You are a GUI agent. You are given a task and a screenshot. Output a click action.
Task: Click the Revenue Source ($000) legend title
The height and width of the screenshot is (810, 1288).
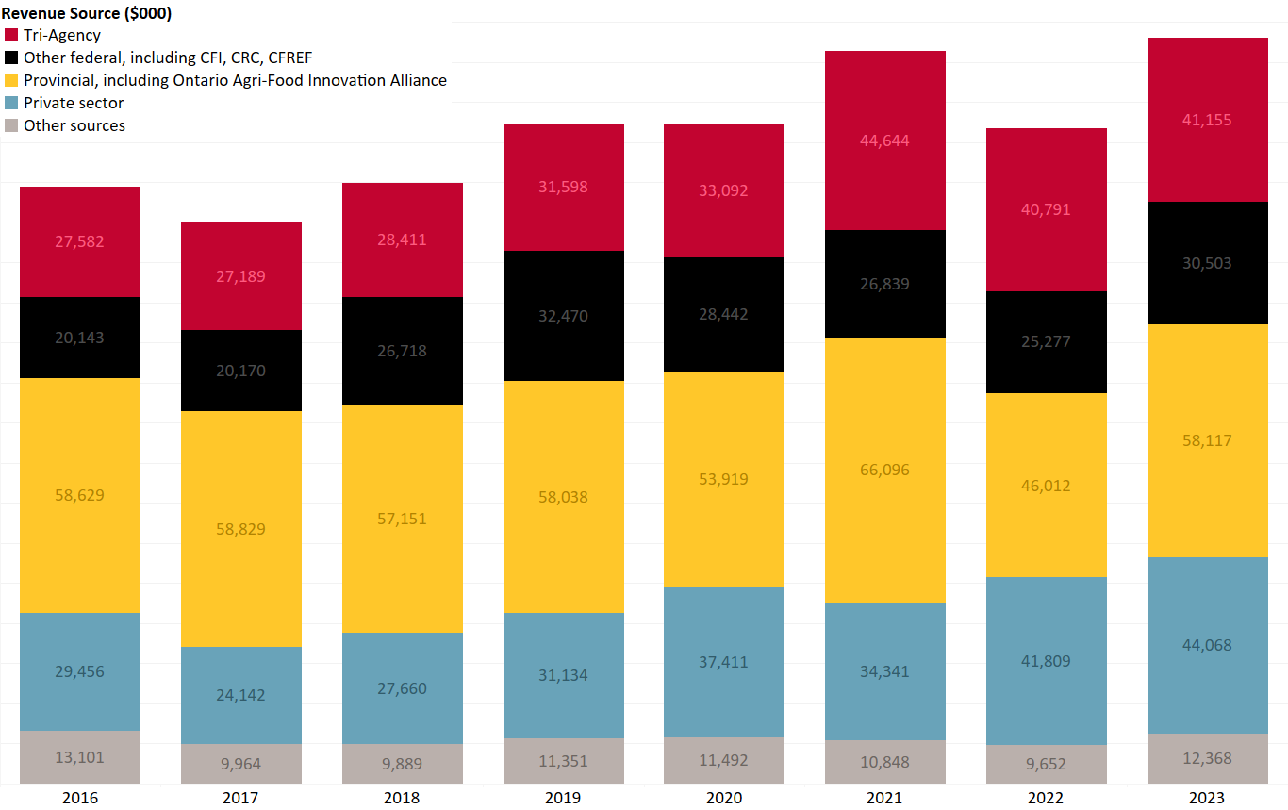point(86,13)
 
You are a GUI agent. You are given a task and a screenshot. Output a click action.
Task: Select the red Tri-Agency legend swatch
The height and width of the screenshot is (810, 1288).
point(11,35)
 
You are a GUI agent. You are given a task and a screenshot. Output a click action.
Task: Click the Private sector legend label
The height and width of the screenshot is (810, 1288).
point(74,103)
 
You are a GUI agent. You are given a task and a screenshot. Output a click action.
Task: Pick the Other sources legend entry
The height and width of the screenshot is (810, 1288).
point(74,125)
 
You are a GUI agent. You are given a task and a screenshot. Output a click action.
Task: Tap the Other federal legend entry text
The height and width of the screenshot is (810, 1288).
point(168,58)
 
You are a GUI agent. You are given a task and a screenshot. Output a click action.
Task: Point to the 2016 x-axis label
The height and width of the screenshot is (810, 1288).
point(80,798)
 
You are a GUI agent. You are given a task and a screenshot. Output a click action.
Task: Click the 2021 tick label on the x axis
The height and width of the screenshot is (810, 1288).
point(884,798)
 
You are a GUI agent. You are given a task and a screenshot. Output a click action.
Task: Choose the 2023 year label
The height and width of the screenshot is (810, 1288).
point(1207,798)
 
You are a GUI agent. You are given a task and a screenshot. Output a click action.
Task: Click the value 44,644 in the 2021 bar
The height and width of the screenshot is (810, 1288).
point(884,141)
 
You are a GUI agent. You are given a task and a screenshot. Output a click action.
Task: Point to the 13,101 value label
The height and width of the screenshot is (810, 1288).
point(80,757)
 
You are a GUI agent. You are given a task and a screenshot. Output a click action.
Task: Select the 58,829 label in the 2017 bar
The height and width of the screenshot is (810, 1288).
point(241,529)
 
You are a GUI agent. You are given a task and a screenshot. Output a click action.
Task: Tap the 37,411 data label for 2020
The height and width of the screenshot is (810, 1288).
point(724,662)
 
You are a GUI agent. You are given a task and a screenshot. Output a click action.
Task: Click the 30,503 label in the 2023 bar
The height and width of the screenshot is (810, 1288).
point(1207,263)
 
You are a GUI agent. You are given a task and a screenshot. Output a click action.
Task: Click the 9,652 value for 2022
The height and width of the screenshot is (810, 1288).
point(1047,765)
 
